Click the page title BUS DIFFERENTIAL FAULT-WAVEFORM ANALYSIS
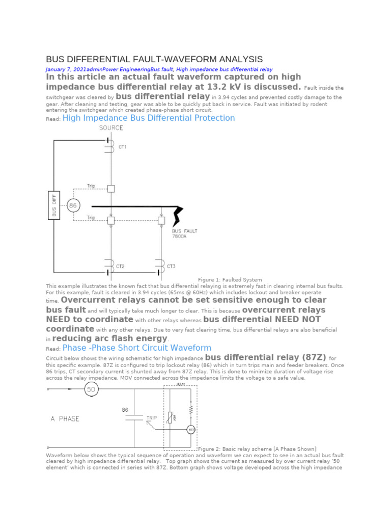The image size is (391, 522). click(x=154, y=59)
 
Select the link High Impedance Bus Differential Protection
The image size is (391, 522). click(x=148, y=118)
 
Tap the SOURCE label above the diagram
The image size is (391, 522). click(x=111, y=128)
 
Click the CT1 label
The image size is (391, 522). click(x=122, y=147)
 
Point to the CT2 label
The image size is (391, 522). click(x=120, y=266)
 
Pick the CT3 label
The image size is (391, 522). click(x=171, y=266)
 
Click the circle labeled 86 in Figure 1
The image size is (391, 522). click(x=74, y=206)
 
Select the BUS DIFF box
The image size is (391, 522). click(x=54, y=205)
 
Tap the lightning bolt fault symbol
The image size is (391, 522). click(x=178, y=217)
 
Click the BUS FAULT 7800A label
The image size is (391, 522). click(x=184, y=233)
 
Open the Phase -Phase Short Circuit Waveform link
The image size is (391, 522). click(x=136, y=348)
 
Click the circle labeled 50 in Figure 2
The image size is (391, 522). click(x=91, y=390)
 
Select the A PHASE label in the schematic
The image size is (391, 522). click(x=65, y=419)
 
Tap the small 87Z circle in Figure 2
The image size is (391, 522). click(x=191, y=430)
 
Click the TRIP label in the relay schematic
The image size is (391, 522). click(x=152, y=417)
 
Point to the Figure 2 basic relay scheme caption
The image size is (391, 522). click(x=257, y=449)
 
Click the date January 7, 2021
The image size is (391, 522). click(x=66, y=69)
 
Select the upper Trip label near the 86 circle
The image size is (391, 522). click(x=91, y=186)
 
